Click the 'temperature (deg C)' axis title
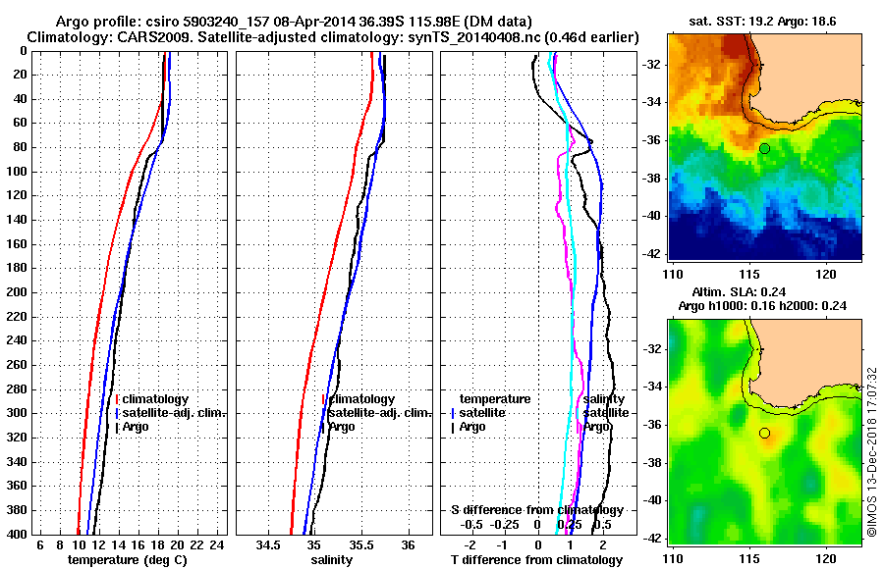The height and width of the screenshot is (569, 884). (127, 560)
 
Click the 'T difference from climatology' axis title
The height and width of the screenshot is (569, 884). (536, 560)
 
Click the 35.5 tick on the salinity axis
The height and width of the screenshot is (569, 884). (360, 544)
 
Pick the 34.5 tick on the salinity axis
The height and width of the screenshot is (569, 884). (266, 544)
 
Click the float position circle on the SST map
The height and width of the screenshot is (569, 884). (764, 148)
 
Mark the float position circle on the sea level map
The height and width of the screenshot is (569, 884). (764, 433)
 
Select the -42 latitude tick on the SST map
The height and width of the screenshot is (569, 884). (651, 253)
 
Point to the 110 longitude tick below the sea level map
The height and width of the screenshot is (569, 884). (673, 557)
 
